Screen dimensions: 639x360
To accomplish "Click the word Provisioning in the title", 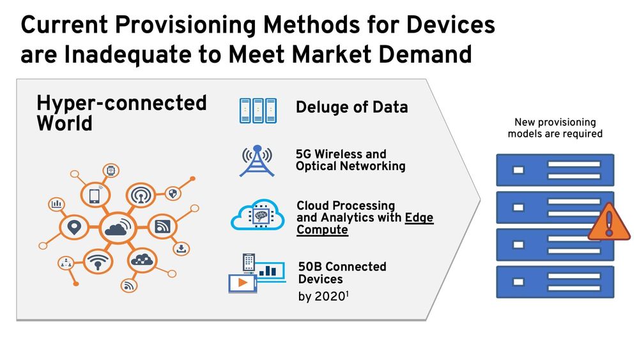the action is (185, 25).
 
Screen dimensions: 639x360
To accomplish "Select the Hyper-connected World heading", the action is (121, 113).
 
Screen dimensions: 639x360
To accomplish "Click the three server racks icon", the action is (258, 111).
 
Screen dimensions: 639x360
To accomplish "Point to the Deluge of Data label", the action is (351, 107).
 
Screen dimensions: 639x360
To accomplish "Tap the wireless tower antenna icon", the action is (257, 160).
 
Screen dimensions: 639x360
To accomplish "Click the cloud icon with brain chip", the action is (258, 214).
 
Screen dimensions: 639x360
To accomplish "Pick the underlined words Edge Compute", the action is (365, 223).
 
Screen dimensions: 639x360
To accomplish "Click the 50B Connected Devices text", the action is (342, 273).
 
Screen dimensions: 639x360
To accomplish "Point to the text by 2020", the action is (323, 297).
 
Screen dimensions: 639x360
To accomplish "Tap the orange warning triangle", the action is (609, 221).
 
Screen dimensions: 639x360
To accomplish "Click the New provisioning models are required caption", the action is (555, 128).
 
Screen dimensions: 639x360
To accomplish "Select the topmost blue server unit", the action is (555, 170).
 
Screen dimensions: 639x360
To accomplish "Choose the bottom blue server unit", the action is (555, 282).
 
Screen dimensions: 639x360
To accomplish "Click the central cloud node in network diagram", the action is (118, 228).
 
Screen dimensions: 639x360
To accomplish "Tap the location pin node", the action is (73, 227).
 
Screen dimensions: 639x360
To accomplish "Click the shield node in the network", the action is (173, 193).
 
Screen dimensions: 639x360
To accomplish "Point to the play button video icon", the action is (242, 283).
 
